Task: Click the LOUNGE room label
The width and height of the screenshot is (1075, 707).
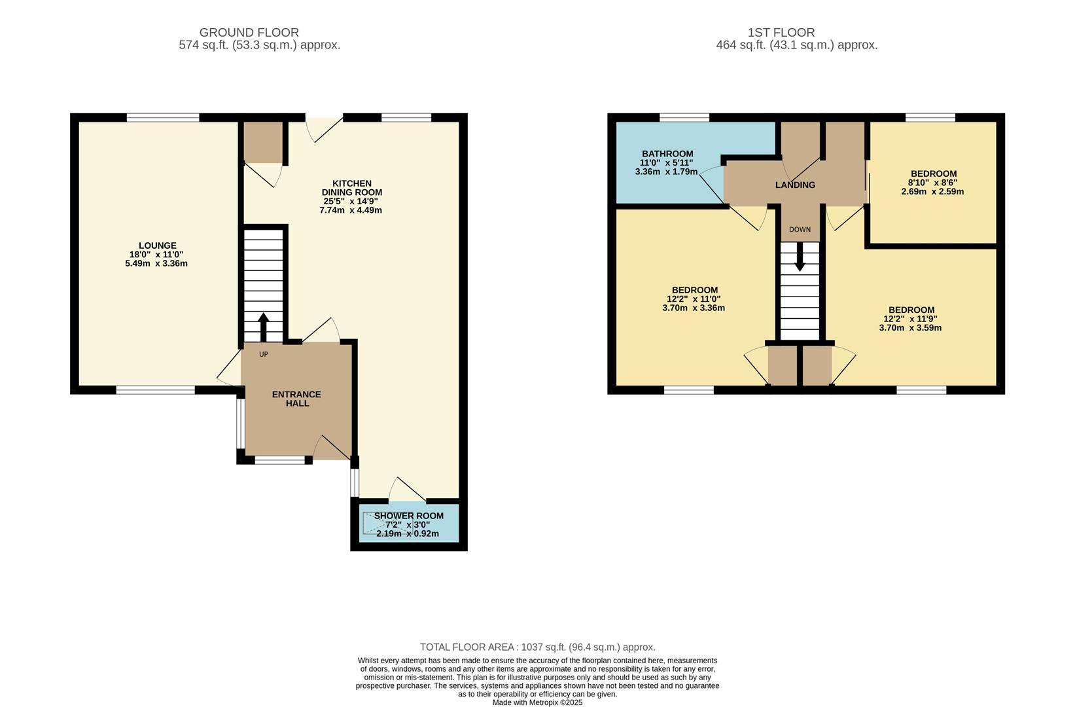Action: pyautogui.click(x=156, y=246)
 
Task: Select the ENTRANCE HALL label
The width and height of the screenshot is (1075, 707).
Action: pyautogui.click(x=296, y=399)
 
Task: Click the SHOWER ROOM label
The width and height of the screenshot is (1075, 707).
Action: pyautogui.click(x=408, y=516)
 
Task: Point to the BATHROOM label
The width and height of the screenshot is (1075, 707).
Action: pyautogui.click(x=667, y=154)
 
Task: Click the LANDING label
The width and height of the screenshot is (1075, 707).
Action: pyautogui.click(x=795, y=185)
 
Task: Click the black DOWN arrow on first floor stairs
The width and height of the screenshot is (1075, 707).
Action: pyautogui.click(x=800, y=258)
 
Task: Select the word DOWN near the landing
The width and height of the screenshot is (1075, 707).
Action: pyautogui.click(x=800, y=230)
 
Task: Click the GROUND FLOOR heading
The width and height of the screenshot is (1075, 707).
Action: pyautogui.click(x=249, y=32)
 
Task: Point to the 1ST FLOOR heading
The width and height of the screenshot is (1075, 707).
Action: pyautogui.click(x=781, y=32)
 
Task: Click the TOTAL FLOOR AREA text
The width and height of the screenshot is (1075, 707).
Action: pyautogui.click(x=537, y=647)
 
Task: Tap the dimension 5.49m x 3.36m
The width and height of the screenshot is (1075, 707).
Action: pyautogui.click(x=156, y=263)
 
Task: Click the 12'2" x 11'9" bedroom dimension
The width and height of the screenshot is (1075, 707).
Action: pyautogui.click(x=910, y=319)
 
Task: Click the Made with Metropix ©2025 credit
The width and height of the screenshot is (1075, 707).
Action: pyautogui.click(x=537, y=702)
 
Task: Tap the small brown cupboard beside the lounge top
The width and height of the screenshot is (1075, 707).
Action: pyautogui.click(x=263, y=142)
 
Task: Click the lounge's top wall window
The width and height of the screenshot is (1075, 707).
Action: pyautogui.click(x=162, y=118)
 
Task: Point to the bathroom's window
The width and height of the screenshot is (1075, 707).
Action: pyautogui.click(x=684, y=118)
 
